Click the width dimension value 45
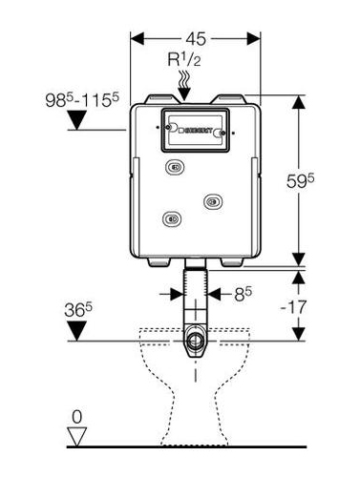point(196,39)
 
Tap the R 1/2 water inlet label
point(184,59)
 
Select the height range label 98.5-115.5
point(82,100)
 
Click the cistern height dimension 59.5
point(300,181)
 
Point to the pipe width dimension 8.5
point(243,294)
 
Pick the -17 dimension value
point(293,307)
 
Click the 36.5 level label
point(78,310)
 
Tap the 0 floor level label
point(77,417)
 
